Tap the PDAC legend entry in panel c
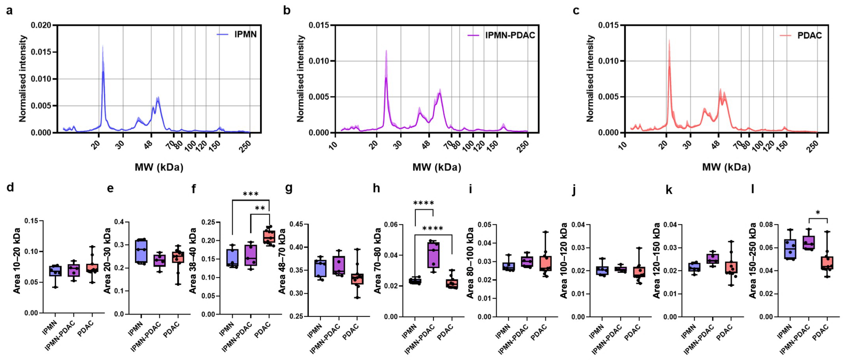(x=801, y=35)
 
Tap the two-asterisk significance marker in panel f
(x=260, y=208)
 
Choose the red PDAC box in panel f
(x=269, y=236)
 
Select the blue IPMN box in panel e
(x=141, y=251)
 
